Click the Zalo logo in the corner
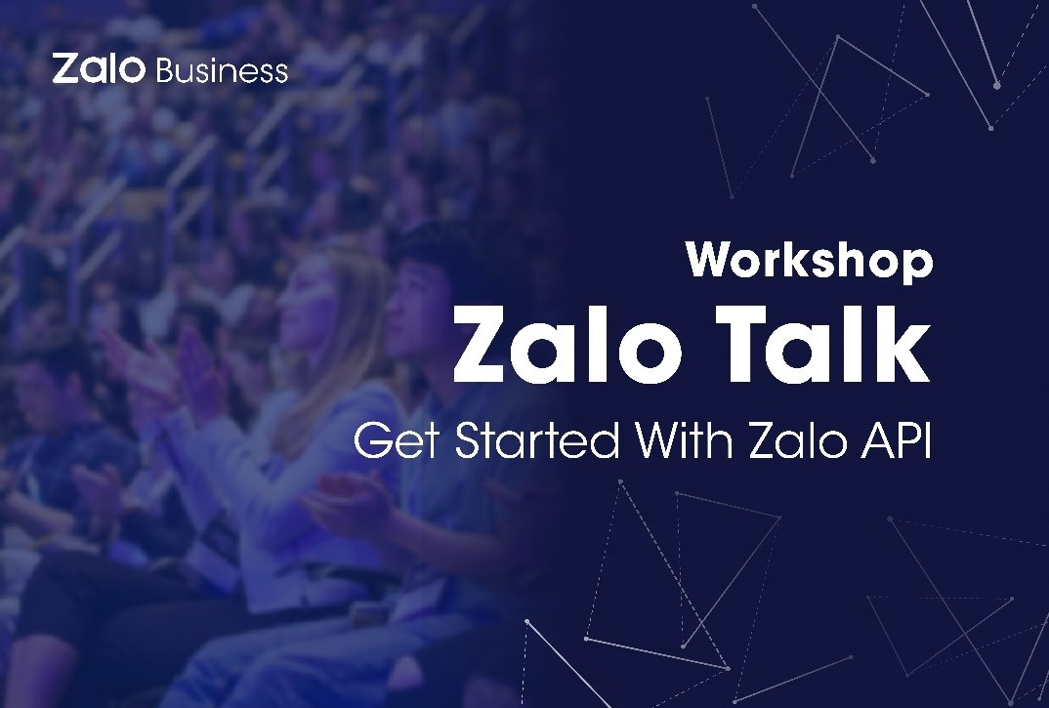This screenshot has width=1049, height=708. pyautogui.click(x=99, y=69)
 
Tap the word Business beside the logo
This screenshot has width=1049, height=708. pyautogui.click(x=222, y=71)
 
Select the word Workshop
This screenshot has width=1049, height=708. pyautogui.click(x=809, y=261)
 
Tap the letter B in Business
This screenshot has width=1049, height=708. pyautogui.click(x=165, y=71)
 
